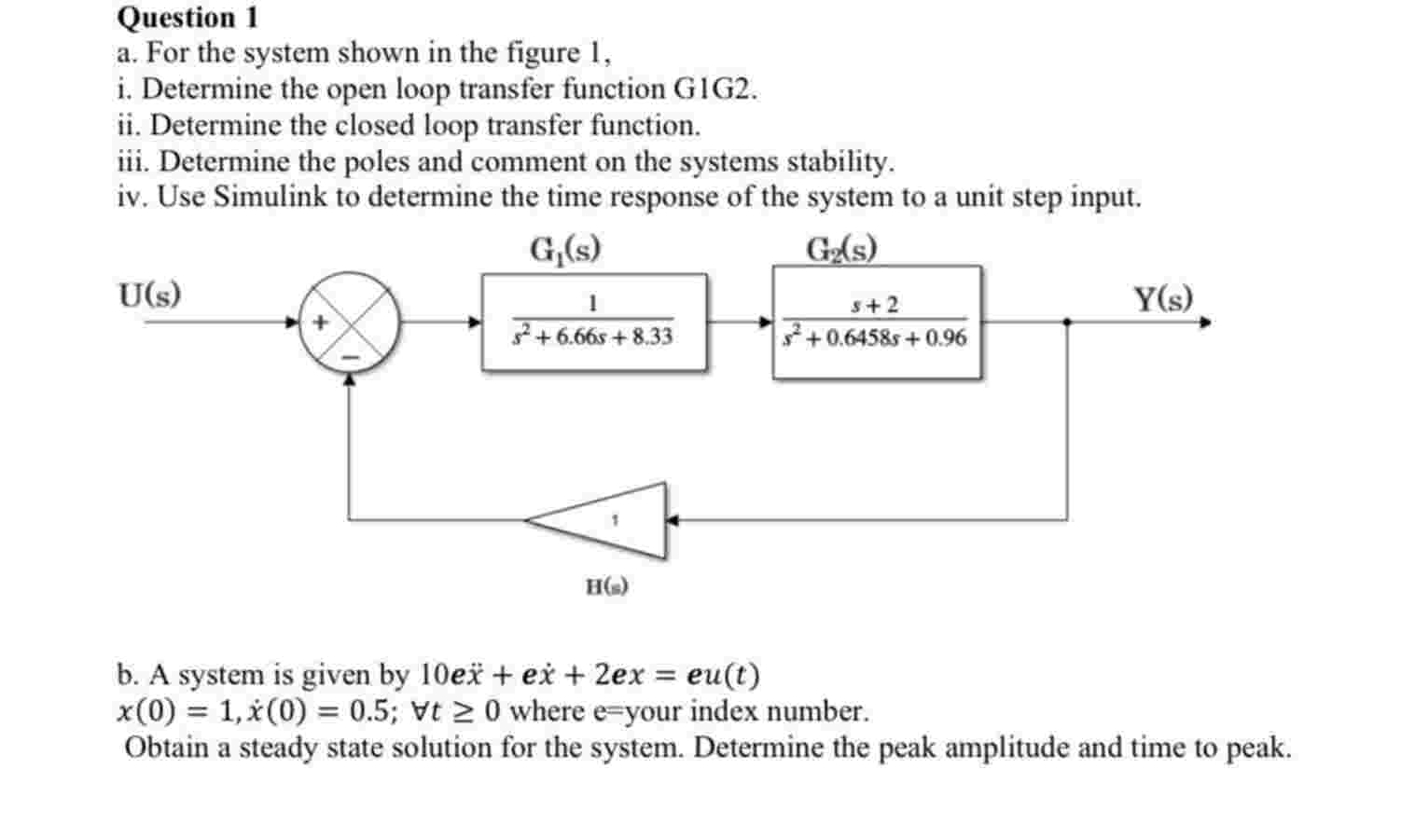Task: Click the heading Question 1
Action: click(188, 18)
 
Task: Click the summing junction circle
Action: click(349, 323)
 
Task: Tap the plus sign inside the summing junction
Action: click(321, 322)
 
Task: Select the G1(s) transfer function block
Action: click(594, 322)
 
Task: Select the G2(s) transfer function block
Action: click(876, 322)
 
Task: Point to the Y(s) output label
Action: click(1162, 298)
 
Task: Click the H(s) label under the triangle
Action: click(607, 586)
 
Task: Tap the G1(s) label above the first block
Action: click(564, 250)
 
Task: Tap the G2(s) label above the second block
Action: click(841, 250)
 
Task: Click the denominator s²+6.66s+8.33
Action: click(593, 337)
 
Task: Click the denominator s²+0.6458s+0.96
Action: click(875, 337)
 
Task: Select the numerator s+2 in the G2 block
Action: click(875, 305)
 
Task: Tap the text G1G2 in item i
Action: click(714, 89)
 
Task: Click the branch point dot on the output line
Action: click(1067, 323)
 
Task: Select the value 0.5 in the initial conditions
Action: click(368, 711)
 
